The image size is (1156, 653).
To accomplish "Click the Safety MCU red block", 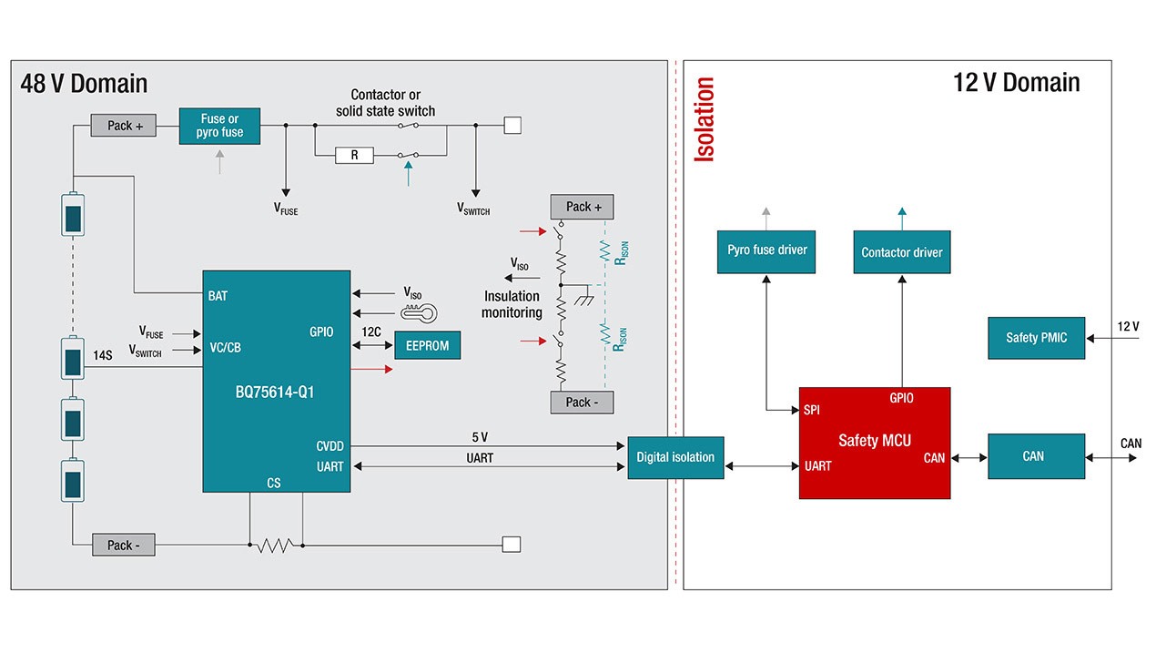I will point(874,443).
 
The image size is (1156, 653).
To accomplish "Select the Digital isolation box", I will point(674,457).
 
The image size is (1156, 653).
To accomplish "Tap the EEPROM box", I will point(427,346).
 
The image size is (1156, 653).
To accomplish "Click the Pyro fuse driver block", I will point(766,250).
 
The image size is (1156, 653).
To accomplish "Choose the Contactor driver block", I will point(901,252).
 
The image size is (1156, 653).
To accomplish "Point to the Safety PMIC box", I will point(1036,338).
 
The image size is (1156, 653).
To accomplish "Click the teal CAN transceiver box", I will point(1036,456).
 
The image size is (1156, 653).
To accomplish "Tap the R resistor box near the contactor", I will point(355,156).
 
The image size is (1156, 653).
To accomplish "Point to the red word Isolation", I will point(705,119).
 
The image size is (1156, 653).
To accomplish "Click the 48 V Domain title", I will point(84,84).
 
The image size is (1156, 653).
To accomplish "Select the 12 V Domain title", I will point(1016,83).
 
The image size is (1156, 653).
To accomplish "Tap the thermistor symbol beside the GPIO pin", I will point(419,312).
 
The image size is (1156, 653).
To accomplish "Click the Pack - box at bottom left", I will point(124,546).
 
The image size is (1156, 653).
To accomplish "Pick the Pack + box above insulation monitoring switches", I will point(582,207).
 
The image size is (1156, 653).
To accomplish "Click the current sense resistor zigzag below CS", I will point(275,546).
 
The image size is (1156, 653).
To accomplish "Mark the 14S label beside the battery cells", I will point(102,354).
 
